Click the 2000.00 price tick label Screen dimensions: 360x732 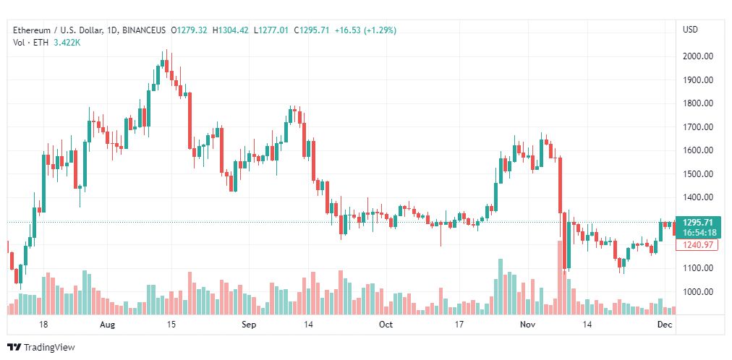[x=699, y=56]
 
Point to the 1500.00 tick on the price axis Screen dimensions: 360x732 [x=699, y=174]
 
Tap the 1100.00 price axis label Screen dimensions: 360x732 [x=699, y=268]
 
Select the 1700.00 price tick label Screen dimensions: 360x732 [x=699, y=127]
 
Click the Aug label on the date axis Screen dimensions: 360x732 [x=107, y=325]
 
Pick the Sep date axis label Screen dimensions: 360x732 [x=249, y=325]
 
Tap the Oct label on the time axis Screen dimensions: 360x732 [x=386, y=325]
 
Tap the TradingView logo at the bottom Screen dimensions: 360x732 [x=41, y=348]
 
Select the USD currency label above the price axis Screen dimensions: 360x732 [x=690, y=30]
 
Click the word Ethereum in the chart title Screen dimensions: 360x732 [x=32, y=30]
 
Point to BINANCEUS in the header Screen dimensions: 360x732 [x=145, y=30]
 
